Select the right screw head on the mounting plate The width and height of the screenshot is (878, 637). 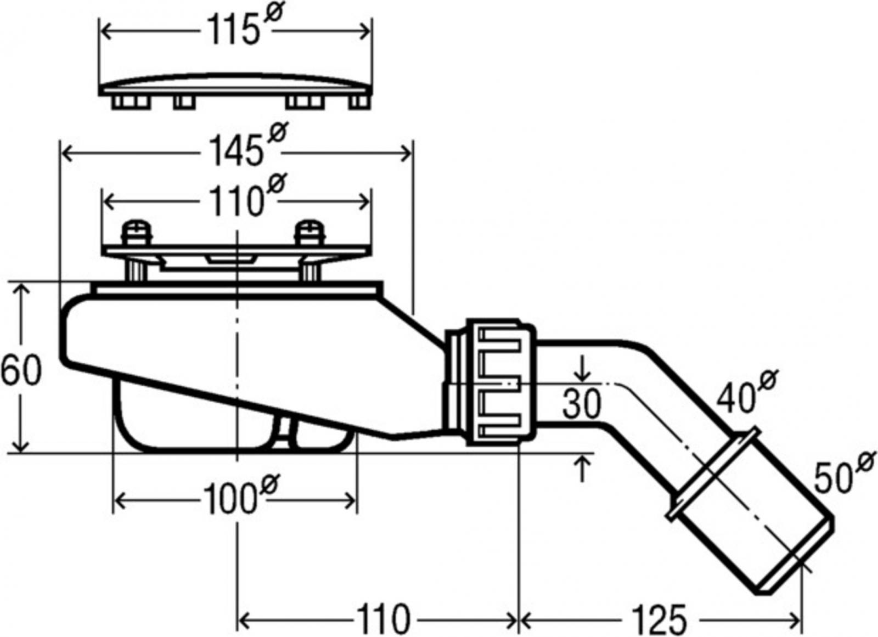311,233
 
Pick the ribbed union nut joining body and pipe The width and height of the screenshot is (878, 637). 500,382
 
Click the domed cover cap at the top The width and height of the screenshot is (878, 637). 235,91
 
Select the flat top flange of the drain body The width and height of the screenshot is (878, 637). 237,287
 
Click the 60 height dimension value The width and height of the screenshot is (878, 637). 21,370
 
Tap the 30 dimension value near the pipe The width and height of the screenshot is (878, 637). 581,404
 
